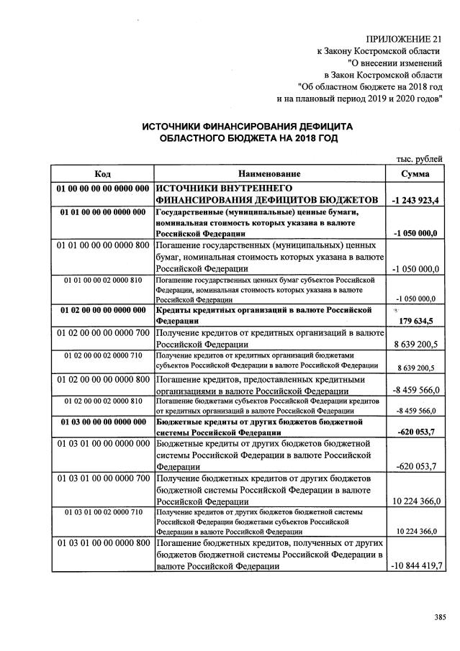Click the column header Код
tap(102, 174)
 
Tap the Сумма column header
tap(416, 174)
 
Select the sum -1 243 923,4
tap(417, 199)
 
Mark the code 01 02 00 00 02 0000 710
tap(102, 355)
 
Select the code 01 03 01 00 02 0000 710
tap(102, 511)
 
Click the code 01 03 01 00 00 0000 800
tap(102, 542)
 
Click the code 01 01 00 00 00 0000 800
tap(102, 245)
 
